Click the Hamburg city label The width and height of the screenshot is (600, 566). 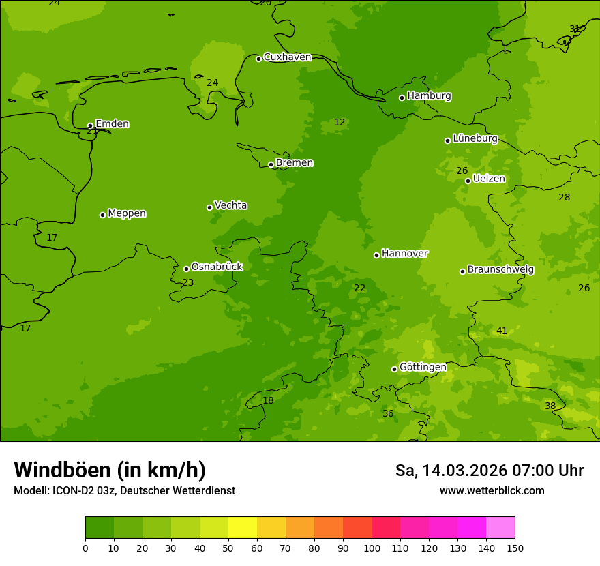coord(429,96)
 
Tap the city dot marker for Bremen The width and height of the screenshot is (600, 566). coord(271,164)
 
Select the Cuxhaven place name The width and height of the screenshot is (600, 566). coord(287,57)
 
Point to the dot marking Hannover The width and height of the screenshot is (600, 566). coord(376,255)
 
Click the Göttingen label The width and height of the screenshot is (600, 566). coord(423,368)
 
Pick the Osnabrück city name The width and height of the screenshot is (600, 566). coord(217,267)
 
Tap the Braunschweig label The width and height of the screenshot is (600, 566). coord(500,270)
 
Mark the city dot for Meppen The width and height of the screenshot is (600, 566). coord(102,215)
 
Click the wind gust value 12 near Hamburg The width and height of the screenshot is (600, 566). coord(340,123)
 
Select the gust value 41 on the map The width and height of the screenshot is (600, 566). coord(502,331)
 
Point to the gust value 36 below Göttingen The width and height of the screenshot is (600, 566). coord(388,414)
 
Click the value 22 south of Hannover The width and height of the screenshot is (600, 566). coord(359,288)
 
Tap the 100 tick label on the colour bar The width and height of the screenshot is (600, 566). coord(372,548)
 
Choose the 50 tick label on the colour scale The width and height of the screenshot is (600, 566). coord(228,548)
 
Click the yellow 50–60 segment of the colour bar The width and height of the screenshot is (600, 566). coord(243,528)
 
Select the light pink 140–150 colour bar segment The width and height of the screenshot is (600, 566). coord(500,528)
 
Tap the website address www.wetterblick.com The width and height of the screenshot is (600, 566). coord(492,491)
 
